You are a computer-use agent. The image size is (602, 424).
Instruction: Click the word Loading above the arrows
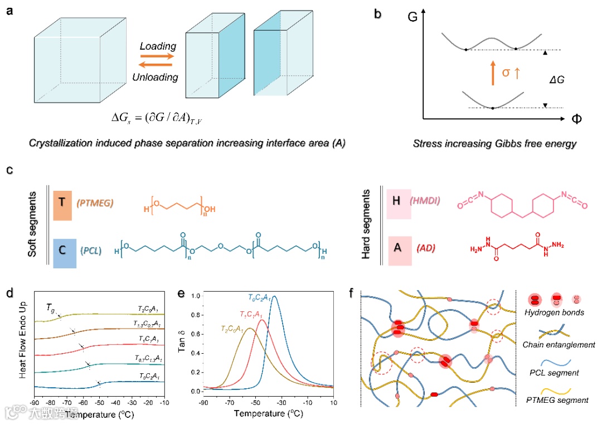[x=158, y=46]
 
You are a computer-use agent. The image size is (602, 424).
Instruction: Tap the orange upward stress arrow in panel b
[x=493, y=73]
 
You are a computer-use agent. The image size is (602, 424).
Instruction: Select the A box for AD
[x=396, y=248]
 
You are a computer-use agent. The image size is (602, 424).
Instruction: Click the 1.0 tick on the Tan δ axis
[x=196, y=296]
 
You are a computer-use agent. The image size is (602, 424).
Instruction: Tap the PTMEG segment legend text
[x=557, y=400]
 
